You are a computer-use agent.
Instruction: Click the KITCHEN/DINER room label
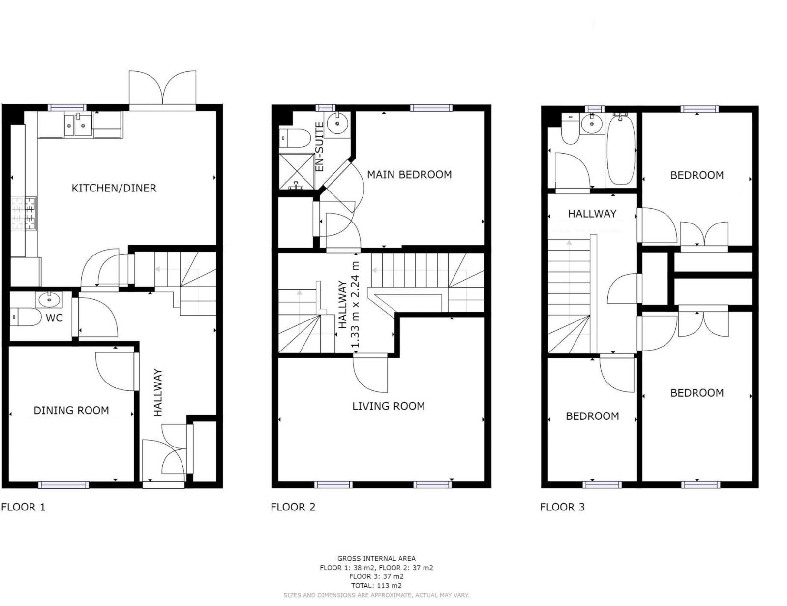(114, 188)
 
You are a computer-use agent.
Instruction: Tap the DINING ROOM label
(71, 410)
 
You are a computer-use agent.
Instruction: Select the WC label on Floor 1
(54, 318)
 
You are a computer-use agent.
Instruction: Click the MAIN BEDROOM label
(409, 175)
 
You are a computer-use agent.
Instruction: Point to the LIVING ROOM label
(389, 406)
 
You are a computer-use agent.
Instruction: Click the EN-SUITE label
(319, 147)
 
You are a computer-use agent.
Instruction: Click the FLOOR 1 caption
(24, 507)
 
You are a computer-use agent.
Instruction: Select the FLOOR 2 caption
(293, 507)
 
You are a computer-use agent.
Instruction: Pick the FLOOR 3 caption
(562, 507)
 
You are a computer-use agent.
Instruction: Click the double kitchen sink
(78, 125)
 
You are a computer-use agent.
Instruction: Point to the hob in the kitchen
(24, 214)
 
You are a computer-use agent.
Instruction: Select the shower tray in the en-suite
(297, 171)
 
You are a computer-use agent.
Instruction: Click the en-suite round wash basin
(338, 123)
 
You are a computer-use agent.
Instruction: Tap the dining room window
(63, 485)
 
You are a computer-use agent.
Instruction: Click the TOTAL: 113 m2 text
(376, 585)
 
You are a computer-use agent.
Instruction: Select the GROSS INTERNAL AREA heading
(376, 559)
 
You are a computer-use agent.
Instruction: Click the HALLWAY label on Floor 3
(592, 214)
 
